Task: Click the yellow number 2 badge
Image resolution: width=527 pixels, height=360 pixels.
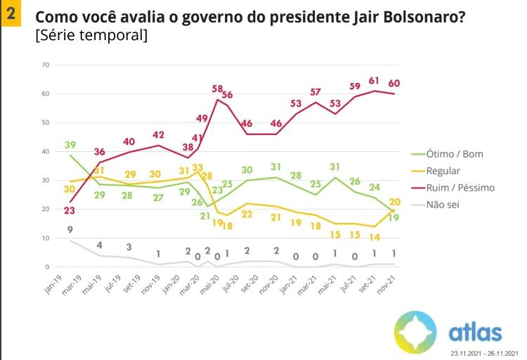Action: click(x=11, y=13)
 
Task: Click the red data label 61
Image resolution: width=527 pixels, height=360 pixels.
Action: click(x=375, y=80)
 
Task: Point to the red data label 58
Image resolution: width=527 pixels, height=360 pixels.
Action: click(x=218, y=88)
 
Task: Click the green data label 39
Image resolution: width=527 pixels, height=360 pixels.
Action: click(x=70, y=144)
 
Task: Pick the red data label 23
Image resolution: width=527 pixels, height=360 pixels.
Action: click(x=70, y=210)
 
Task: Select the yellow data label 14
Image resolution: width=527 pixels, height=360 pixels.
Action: click(x=375, y=237)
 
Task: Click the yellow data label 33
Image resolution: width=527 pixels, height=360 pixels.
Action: click(x=197, y=168)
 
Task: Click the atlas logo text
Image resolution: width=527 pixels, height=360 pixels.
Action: click(x=475, y=332)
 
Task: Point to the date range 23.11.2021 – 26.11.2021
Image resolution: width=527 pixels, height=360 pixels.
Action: click(x=484, y=353)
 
